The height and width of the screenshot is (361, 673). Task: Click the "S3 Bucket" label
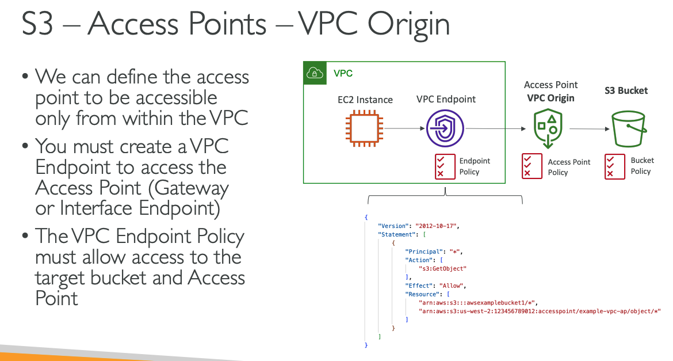(626, 90)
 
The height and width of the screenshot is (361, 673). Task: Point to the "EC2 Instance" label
(365, 100)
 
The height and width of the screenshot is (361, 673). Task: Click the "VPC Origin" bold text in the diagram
(550, 98)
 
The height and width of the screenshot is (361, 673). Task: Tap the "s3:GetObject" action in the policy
(443, 268)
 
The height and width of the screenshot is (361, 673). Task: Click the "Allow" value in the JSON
(452, 286)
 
